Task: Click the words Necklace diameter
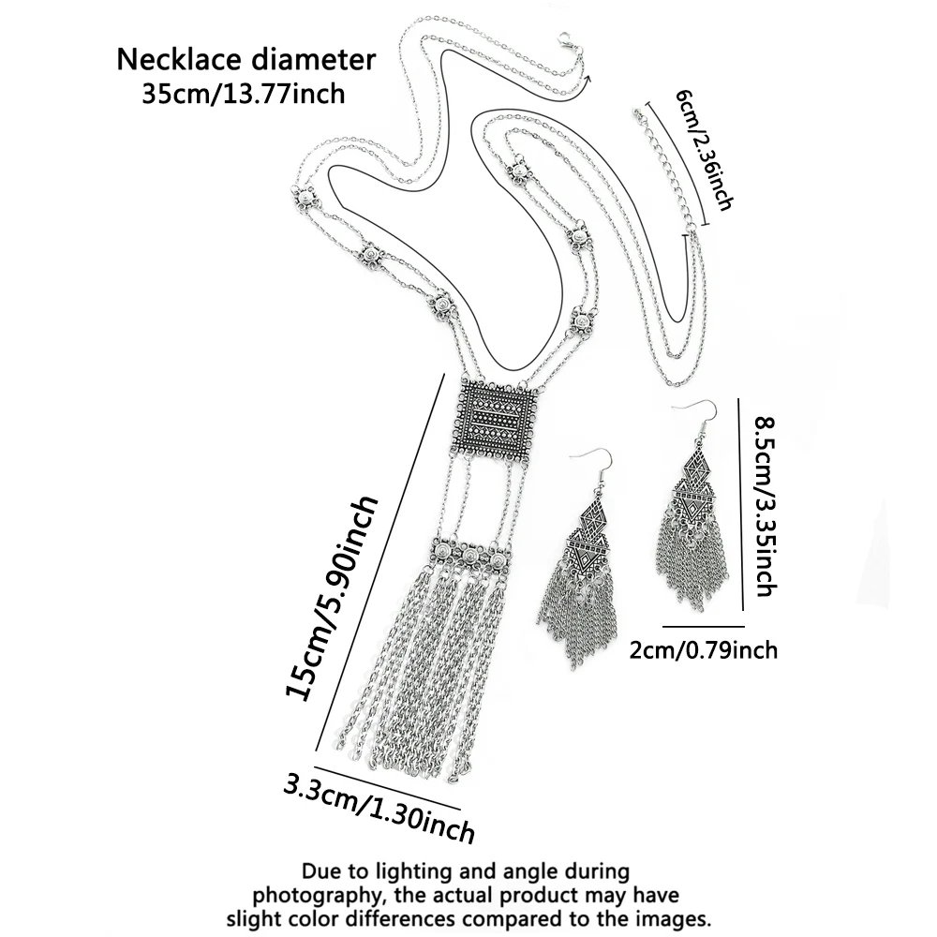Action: coord(245,60)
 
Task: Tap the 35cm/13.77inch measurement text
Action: coord(244,94)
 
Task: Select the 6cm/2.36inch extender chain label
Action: coord(704,149)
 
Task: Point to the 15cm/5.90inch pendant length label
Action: coord(331,598)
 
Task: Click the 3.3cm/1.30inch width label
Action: coord(379,807)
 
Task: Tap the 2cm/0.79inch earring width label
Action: coord(704,649)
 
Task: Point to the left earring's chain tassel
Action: coord(576,616)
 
